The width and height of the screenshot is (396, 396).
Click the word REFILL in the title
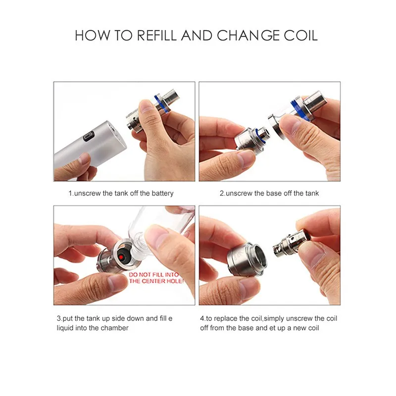click(x=156, y=35)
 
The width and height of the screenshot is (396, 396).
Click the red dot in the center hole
click(x=121, y=257)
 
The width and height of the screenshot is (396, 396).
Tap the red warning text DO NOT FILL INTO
click(x=154, y=275)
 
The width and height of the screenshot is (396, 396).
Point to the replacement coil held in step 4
click(x=292, y=243)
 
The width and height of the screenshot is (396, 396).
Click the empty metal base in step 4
click(x=247, y=260)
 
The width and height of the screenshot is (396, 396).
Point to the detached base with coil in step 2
click(x=251, y=140)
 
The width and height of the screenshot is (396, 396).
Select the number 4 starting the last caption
click(x=202, y=318)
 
